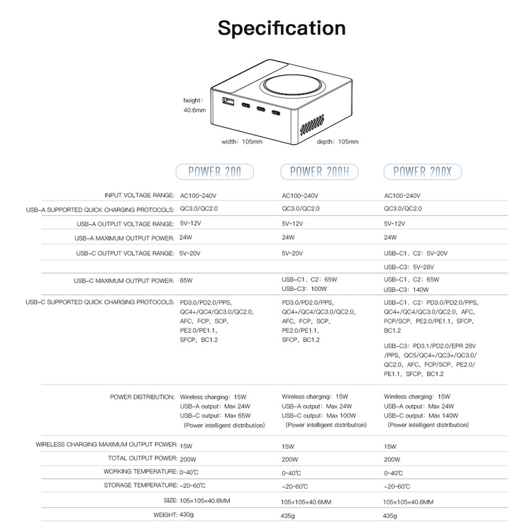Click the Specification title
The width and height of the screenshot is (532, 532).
click(x=282, y=28)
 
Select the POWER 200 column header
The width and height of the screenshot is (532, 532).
click(x=215, y=171)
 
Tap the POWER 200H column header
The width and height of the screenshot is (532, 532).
click(x=319, y=171)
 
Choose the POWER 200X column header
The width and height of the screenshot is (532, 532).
click(x=422, y=171)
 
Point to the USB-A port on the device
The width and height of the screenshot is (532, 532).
click(x=228, y=104)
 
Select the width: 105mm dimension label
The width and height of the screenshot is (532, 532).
click(x=242, y=142)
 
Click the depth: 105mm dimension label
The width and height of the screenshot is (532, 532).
click(x=337, y=142)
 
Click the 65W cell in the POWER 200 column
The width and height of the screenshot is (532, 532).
click(x=187, y=279)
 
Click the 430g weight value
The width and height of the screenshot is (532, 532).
click(x=187, y=514)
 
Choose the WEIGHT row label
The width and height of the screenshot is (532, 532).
click(x=165, y=514)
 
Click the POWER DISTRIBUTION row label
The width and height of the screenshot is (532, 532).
click(x=142, y=397)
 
